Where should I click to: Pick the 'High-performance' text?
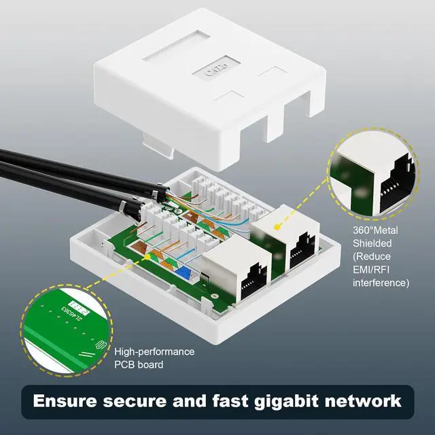pyautogui.click(x=154, y=352)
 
